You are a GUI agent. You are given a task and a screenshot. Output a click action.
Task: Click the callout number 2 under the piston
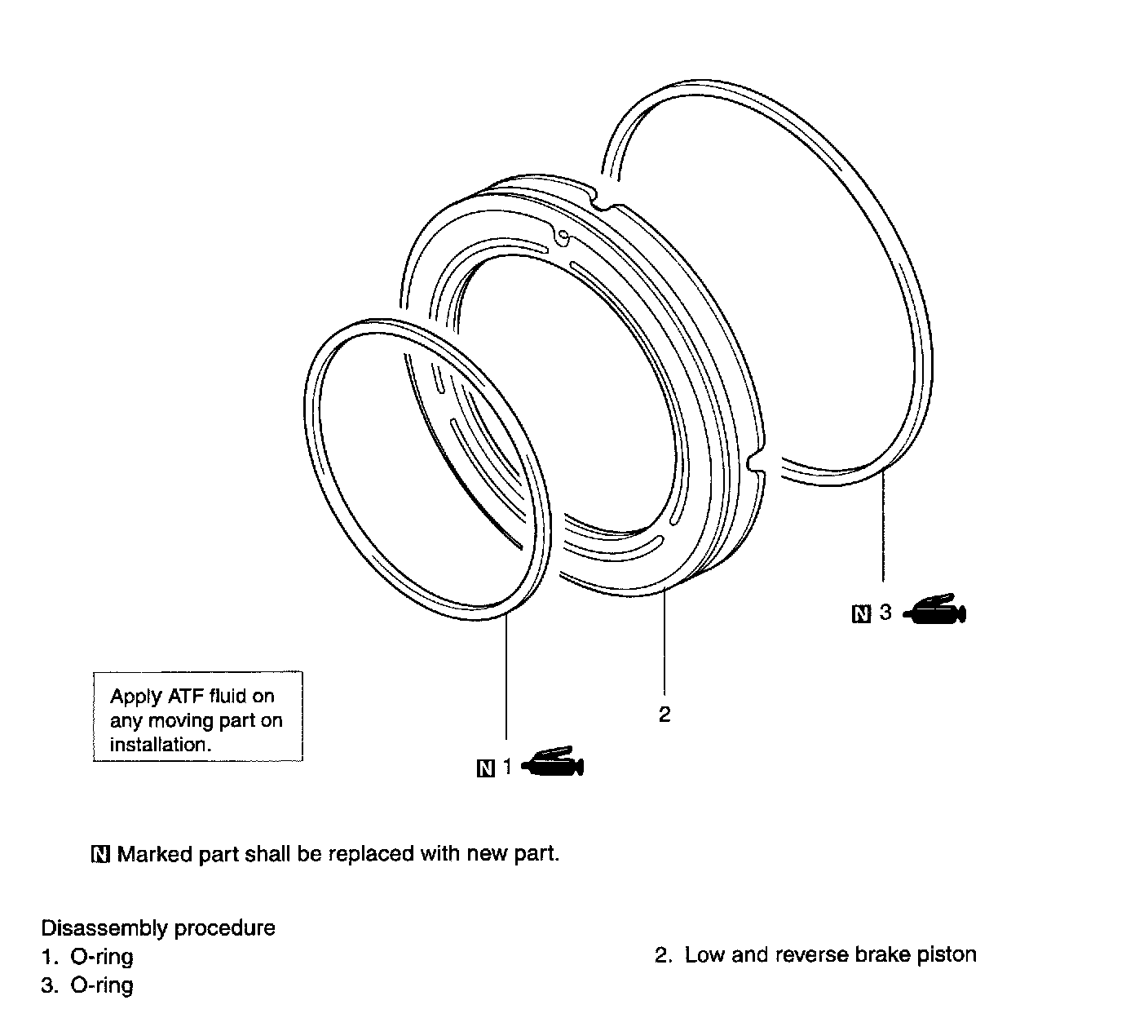click(664, 715)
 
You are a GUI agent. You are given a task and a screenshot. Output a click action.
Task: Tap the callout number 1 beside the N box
click(507, 767)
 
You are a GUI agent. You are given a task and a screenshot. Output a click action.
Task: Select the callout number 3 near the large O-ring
click(885, 612)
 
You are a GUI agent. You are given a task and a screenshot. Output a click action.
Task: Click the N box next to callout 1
click(486, 768)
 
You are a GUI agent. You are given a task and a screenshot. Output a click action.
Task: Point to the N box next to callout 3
click(861, 614)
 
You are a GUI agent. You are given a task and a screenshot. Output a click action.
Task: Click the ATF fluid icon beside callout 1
click(553, 762)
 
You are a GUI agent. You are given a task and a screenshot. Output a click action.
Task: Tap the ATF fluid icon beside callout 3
click(934, 609)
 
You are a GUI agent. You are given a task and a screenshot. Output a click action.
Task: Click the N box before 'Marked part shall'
click(100, 854)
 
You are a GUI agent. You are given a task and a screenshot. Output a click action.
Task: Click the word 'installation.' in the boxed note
click(161, 744)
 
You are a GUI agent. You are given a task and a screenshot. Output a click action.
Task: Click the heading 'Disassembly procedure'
click(158, 928)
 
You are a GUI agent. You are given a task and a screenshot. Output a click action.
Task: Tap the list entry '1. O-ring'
click(87, 957)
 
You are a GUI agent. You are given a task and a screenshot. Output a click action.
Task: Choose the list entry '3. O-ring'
click(87, 985)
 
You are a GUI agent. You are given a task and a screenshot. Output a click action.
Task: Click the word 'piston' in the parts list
click(947, 955)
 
